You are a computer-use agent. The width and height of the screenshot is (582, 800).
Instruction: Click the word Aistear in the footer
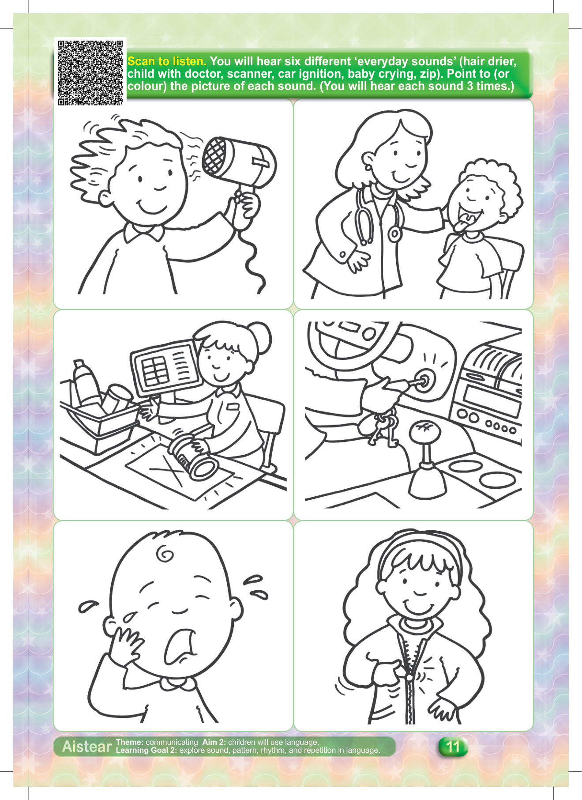87,747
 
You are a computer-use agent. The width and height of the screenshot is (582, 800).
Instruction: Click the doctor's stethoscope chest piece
394,234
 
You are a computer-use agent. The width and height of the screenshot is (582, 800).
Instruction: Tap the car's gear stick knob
423,430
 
